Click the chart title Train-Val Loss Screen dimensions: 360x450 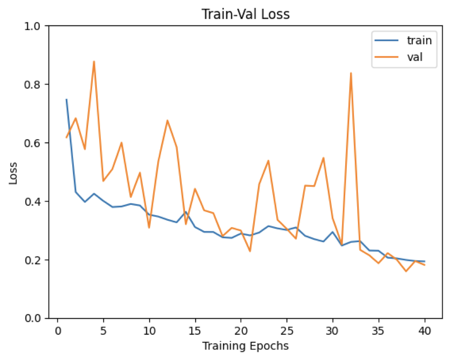click(x=246, y=14)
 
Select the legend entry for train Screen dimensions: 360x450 click(x=419, y=41)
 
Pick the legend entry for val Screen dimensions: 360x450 click(x=415, y=59)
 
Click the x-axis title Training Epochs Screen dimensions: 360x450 click(x=246, y=347)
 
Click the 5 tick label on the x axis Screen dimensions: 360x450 click(x=103, y=329)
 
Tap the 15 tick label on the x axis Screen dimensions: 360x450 click(x=195, y=329)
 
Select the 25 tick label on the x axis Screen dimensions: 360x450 click(x=287, y=329)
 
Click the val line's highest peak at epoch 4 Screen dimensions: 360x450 click(x=94, y=62)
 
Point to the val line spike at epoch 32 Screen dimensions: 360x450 click(x=351, y=73)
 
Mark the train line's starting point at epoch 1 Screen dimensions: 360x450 click(x=67, y=99)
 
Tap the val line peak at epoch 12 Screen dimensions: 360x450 click(x=167, y=121)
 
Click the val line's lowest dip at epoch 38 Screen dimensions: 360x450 click(x=406, y=271)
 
